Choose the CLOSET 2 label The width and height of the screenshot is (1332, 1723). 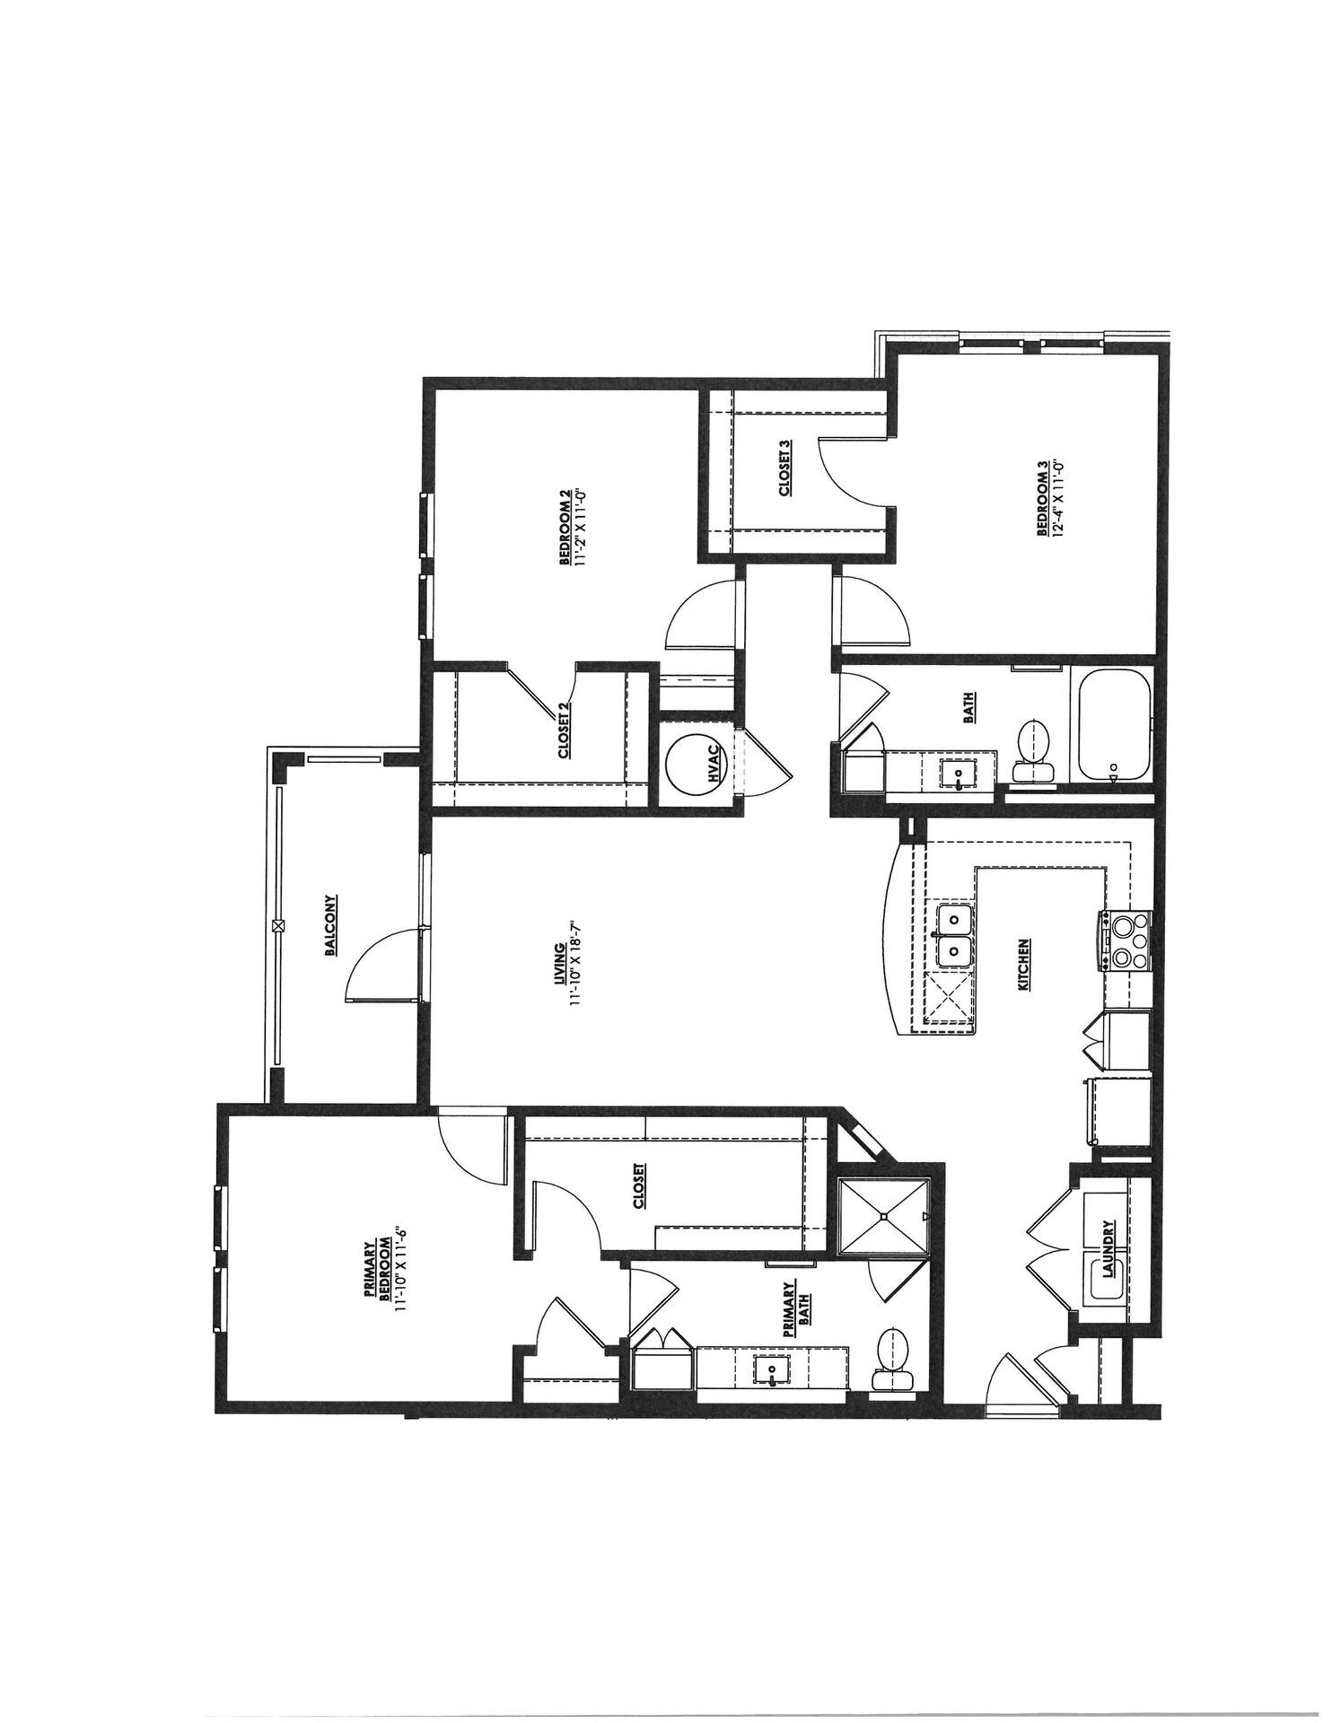point(565,730)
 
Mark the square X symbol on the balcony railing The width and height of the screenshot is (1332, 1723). point(277,924)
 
